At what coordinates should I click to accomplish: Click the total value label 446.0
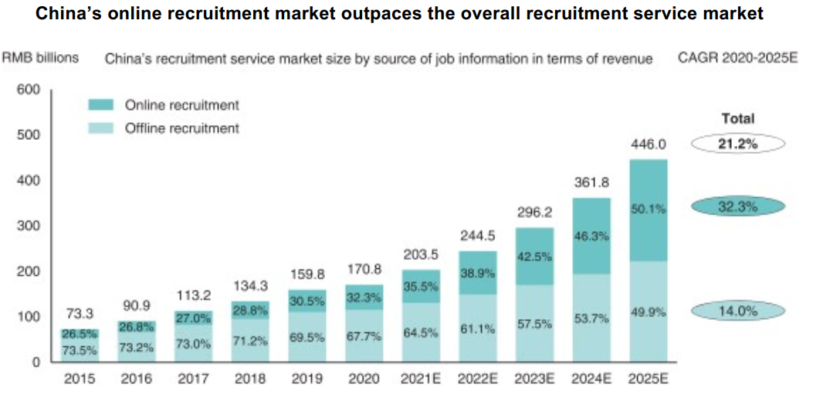pyautogui.click(x=649, y=144)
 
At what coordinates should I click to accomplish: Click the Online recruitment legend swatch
pyautogui.click(x=102, y=105)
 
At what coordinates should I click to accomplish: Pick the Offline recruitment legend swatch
pyautogui.click(x=102, y=128)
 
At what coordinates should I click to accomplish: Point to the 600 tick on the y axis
pyautogui.click(x=28, y=90)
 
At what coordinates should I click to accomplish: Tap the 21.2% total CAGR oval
pyautogui.click(x=737, y=144)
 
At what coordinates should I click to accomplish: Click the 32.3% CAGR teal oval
pyautogui.click(x=737, y=207)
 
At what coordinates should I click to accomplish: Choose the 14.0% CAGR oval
pyautogui.click(x=737, y=311)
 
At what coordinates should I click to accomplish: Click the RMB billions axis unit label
pyautogui.click(x=40, y=58)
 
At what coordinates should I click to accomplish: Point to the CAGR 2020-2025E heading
pyautogui.click(x=737, y=58)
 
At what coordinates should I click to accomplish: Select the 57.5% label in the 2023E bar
pyautogui.click(x=535, y=325)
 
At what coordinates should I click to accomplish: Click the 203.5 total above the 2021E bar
pyautogui.click(x=422, y=254)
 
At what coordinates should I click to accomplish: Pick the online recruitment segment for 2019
pyautogui.click(x=307, y=301)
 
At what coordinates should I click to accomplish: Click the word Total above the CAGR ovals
pyautogui.click(x=737, y=119)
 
